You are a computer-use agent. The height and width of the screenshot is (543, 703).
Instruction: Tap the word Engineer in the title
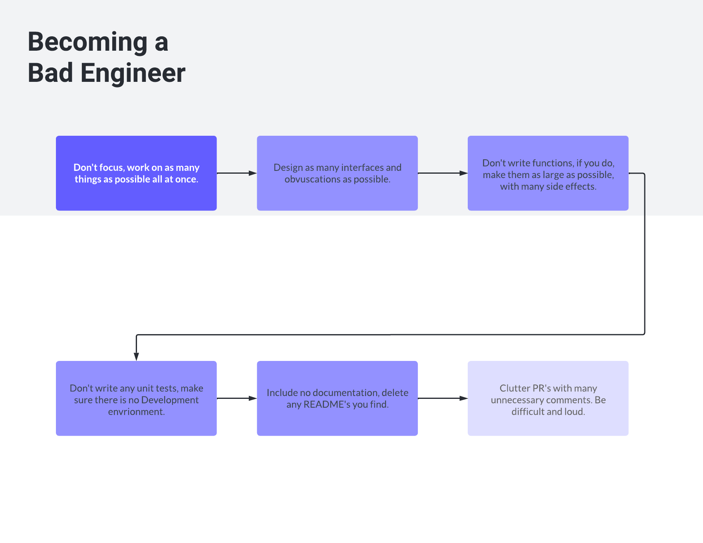pos(133,73)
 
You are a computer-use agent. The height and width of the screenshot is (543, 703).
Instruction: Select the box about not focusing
pos(136,173)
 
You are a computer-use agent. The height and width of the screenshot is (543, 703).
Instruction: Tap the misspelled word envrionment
pos(136,412)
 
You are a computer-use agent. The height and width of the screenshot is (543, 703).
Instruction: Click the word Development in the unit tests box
pos(170,400)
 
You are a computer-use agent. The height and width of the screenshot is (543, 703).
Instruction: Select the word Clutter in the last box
pos(514,388)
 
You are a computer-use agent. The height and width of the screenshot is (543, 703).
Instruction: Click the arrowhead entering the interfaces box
pos(252,173)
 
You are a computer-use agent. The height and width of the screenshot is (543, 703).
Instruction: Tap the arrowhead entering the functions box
pos(463,173)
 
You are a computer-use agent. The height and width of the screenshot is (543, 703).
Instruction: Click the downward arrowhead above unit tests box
pos(136,357)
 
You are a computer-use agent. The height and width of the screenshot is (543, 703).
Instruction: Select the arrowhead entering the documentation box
pos(252,398)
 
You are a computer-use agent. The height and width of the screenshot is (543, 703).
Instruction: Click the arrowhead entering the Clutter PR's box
pos(463,398)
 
